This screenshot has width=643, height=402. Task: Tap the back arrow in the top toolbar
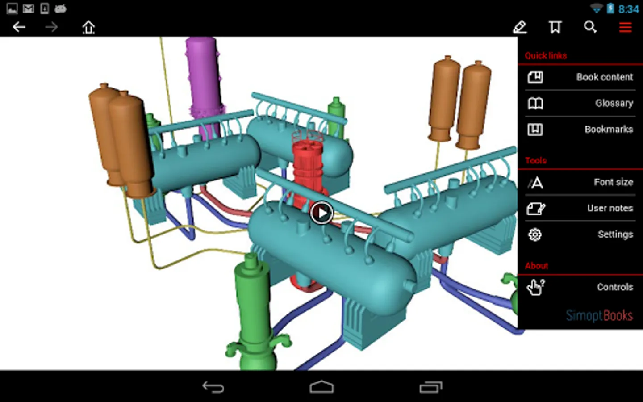click(19, 27)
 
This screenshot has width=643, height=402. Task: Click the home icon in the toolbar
click(88, 28)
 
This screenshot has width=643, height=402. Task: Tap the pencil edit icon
click(520, 27)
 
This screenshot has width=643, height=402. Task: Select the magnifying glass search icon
click(590, 27)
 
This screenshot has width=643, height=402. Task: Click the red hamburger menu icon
click(625, 28)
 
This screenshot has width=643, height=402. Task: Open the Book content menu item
click(605, 77)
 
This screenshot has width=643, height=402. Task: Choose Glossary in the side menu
click(614, 103)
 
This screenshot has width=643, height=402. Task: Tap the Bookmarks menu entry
click(609, 130)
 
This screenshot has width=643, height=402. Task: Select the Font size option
click(614, 182)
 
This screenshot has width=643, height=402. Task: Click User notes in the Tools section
click(610, 208)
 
